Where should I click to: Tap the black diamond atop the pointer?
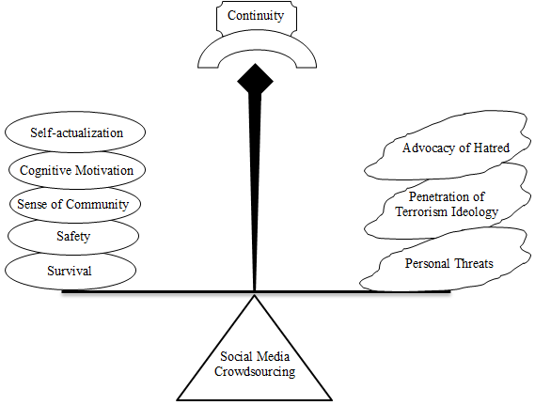click(x=255, y=81)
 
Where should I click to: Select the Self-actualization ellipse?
click(x=75, y=132)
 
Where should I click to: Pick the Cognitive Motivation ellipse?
click(x=77, y=170)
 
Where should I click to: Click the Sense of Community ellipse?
click(x=74, y=204)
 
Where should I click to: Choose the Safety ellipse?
click(x=73, y=236)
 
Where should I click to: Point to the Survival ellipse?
click(x=71, y=271)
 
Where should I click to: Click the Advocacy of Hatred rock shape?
click(x=447, y=147)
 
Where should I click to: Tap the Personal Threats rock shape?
click(x=446, y=261)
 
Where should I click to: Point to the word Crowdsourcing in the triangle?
click(x=255, y=371)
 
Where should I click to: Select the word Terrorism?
click(x=422, y=211)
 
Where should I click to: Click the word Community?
click(x=97, y=205)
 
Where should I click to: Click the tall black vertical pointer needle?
click(x=255, y=191)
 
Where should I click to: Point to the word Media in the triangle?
click(x=273, y=357)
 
